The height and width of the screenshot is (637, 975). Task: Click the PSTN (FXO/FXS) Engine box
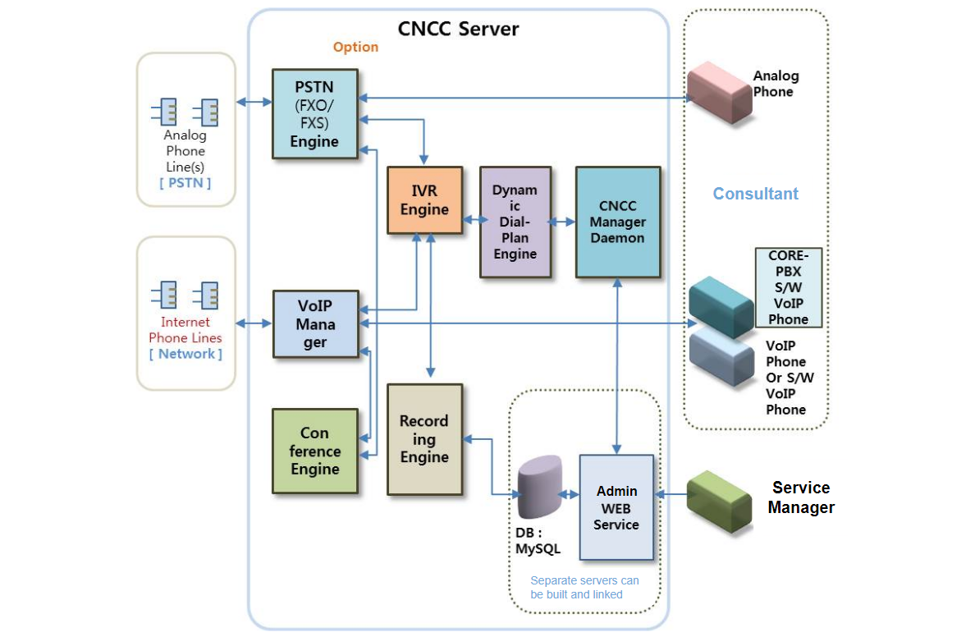coord(315,113)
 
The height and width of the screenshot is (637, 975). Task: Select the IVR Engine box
coord(424,200)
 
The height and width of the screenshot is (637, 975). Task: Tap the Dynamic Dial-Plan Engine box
coord(515,222)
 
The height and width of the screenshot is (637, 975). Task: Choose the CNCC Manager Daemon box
coord(617,222)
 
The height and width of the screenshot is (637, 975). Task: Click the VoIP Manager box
coord(315,323)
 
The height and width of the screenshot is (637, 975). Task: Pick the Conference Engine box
coord(314,451)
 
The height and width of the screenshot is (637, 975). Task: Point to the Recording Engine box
coord(424,439)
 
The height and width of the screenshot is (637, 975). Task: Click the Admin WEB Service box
coord(616,507)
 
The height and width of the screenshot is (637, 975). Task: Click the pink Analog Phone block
coord(719,91)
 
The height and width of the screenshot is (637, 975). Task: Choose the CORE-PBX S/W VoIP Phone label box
coord(788,287)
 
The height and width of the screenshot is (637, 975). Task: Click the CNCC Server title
coord(458,29)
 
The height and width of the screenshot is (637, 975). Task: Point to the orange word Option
coord(355,47)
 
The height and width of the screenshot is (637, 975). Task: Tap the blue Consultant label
coord(755,194)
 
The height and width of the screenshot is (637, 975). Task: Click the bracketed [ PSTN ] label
coord(185,182)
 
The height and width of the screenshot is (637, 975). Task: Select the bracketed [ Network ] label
coord(185,354)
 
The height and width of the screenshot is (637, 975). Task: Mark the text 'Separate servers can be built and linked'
coord(584,587)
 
